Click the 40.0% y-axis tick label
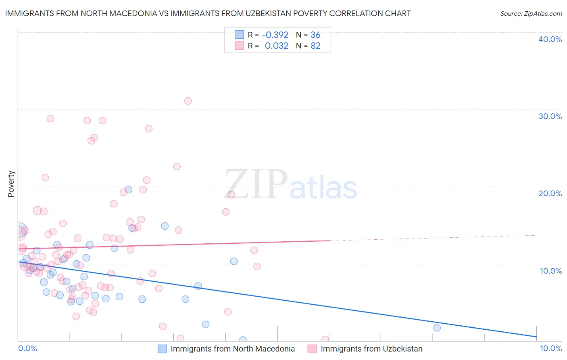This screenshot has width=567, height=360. point(550,40)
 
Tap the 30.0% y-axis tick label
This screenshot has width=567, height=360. point(550,117)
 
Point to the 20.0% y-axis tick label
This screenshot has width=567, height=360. point(550,194)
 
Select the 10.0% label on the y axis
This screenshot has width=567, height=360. point(550,271)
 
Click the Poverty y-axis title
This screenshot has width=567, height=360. point(11,184)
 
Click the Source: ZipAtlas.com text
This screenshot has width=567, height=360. point(531,14)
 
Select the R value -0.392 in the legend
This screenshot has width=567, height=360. point(275,35)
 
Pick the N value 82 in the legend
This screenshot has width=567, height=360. point(315,46)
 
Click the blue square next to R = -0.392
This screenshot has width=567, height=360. point(239,35)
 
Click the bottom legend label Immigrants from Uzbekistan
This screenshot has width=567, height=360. point(371,349)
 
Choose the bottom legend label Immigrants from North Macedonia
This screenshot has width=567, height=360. point(233,349)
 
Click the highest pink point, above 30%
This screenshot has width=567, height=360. point(188,101)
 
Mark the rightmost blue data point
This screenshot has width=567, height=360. point(437,328)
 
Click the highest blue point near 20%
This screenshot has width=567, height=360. point(129,190)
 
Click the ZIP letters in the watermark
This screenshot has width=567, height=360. point(256,184)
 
